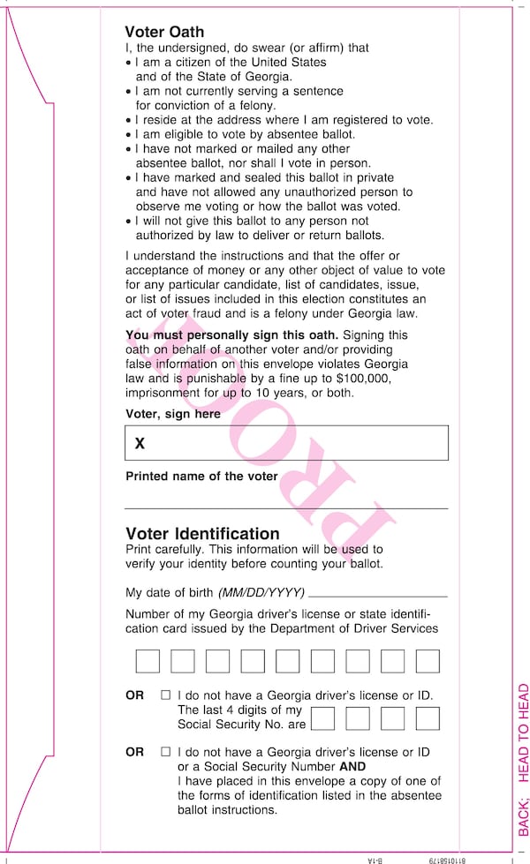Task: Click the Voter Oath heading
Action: coord(164,33)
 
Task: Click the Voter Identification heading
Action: coord(202,534)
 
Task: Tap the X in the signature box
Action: coord(140,444)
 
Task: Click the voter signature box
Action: coord(286,443)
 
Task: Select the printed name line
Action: coord(286,507)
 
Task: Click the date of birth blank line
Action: coord(378,596)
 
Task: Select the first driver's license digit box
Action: coord(148,661)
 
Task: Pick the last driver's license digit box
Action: coord(428,661)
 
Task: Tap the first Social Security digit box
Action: coord(322,718)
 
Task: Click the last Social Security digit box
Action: coord(428,718)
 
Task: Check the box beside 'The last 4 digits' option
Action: coord(165,695)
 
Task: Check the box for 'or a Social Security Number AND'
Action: coord(165,752)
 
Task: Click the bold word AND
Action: coord(352,767)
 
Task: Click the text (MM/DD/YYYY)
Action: coord(261,592)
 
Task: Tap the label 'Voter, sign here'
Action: coord(173,414)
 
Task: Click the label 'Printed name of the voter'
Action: coord(201,477)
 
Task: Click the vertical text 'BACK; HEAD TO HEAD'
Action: coord(523,759)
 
